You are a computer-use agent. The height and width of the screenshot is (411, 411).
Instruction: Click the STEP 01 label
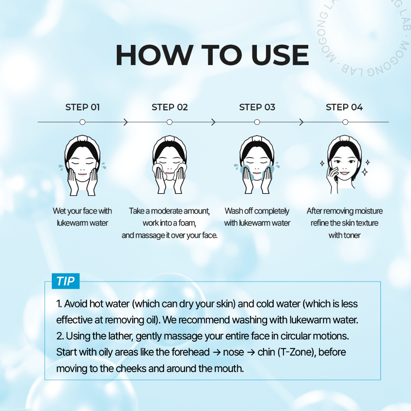(83, 107)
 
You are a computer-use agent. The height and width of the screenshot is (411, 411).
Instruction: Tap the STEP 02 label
(170, 107)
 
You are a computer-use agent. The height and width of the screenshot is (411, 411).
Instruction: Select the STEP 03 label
(257, 107)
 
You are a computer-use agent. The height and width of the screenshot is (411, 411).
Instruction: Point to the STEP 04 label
(344, 107)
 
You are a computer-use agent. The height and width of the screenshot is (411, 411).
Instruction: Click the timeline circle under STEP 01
(82, 122)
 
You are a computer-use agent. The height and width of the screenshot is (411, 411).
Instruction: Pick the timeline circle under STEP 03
(257, 122)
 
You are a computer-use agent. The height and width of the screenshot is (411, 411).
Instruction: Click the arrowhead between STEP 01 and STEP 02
(126, 122)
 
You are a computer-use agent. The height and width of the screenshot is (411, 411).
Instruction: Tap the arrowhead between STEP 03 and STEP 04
(301, 122)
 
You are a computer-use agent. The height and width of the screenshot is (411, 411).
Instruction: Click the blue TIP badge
(65, 281)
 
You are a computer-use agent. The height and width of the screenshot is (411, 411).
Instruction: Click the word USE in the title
(280, 55)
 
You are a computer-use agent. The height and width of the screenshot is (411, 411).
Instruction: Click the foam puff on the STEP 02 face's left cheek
(158, 170)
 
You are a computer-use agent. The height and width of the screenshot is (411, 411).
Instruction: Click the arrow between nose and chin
(251, 352)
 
